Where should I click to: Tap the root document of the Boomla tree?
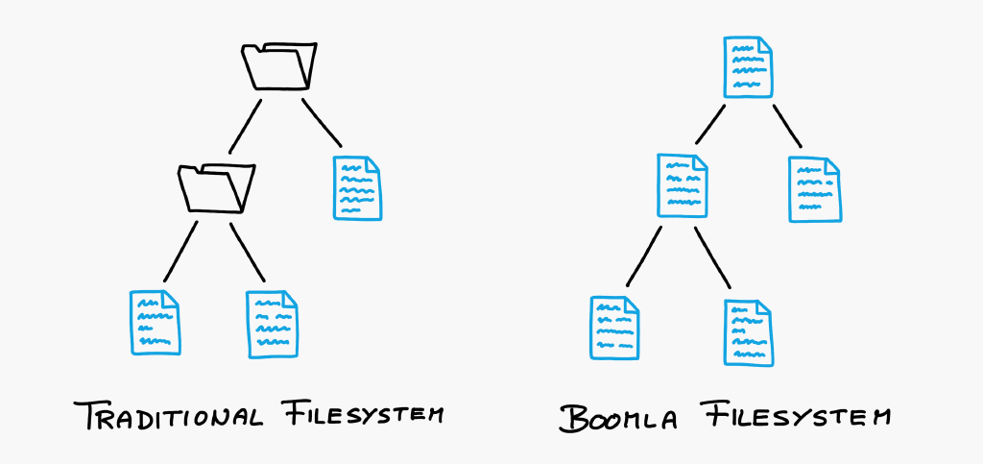(748, 67)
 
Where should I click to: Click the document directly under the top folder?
(357, 188)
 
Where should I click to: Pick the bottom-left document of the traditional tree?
(155, 322)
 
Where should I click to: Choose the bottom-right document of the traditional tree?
(273, 324)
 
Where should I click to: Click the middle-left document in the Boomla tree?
(683, 185)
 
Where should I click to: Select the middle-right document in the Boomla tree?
(815, 189)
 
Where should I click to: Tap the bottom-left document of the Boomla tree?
(614, 328)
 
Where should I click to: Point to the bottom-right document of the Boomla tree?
(749, 332)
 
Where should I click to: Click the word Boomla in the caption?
(617, 417)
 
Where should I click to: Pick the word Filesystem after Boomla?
(795, 414)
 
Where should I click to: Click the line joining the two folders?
(245, 126)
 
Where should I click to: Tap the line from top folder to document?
(322, 123)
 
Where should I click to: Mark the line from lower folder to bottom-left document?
(180, 252)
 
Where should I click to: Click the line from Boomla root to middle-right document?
(787, 126)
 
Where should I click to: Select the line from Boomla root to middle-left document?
(710, 124)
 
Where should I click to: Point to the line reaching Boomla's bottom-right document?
(713, 257)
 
